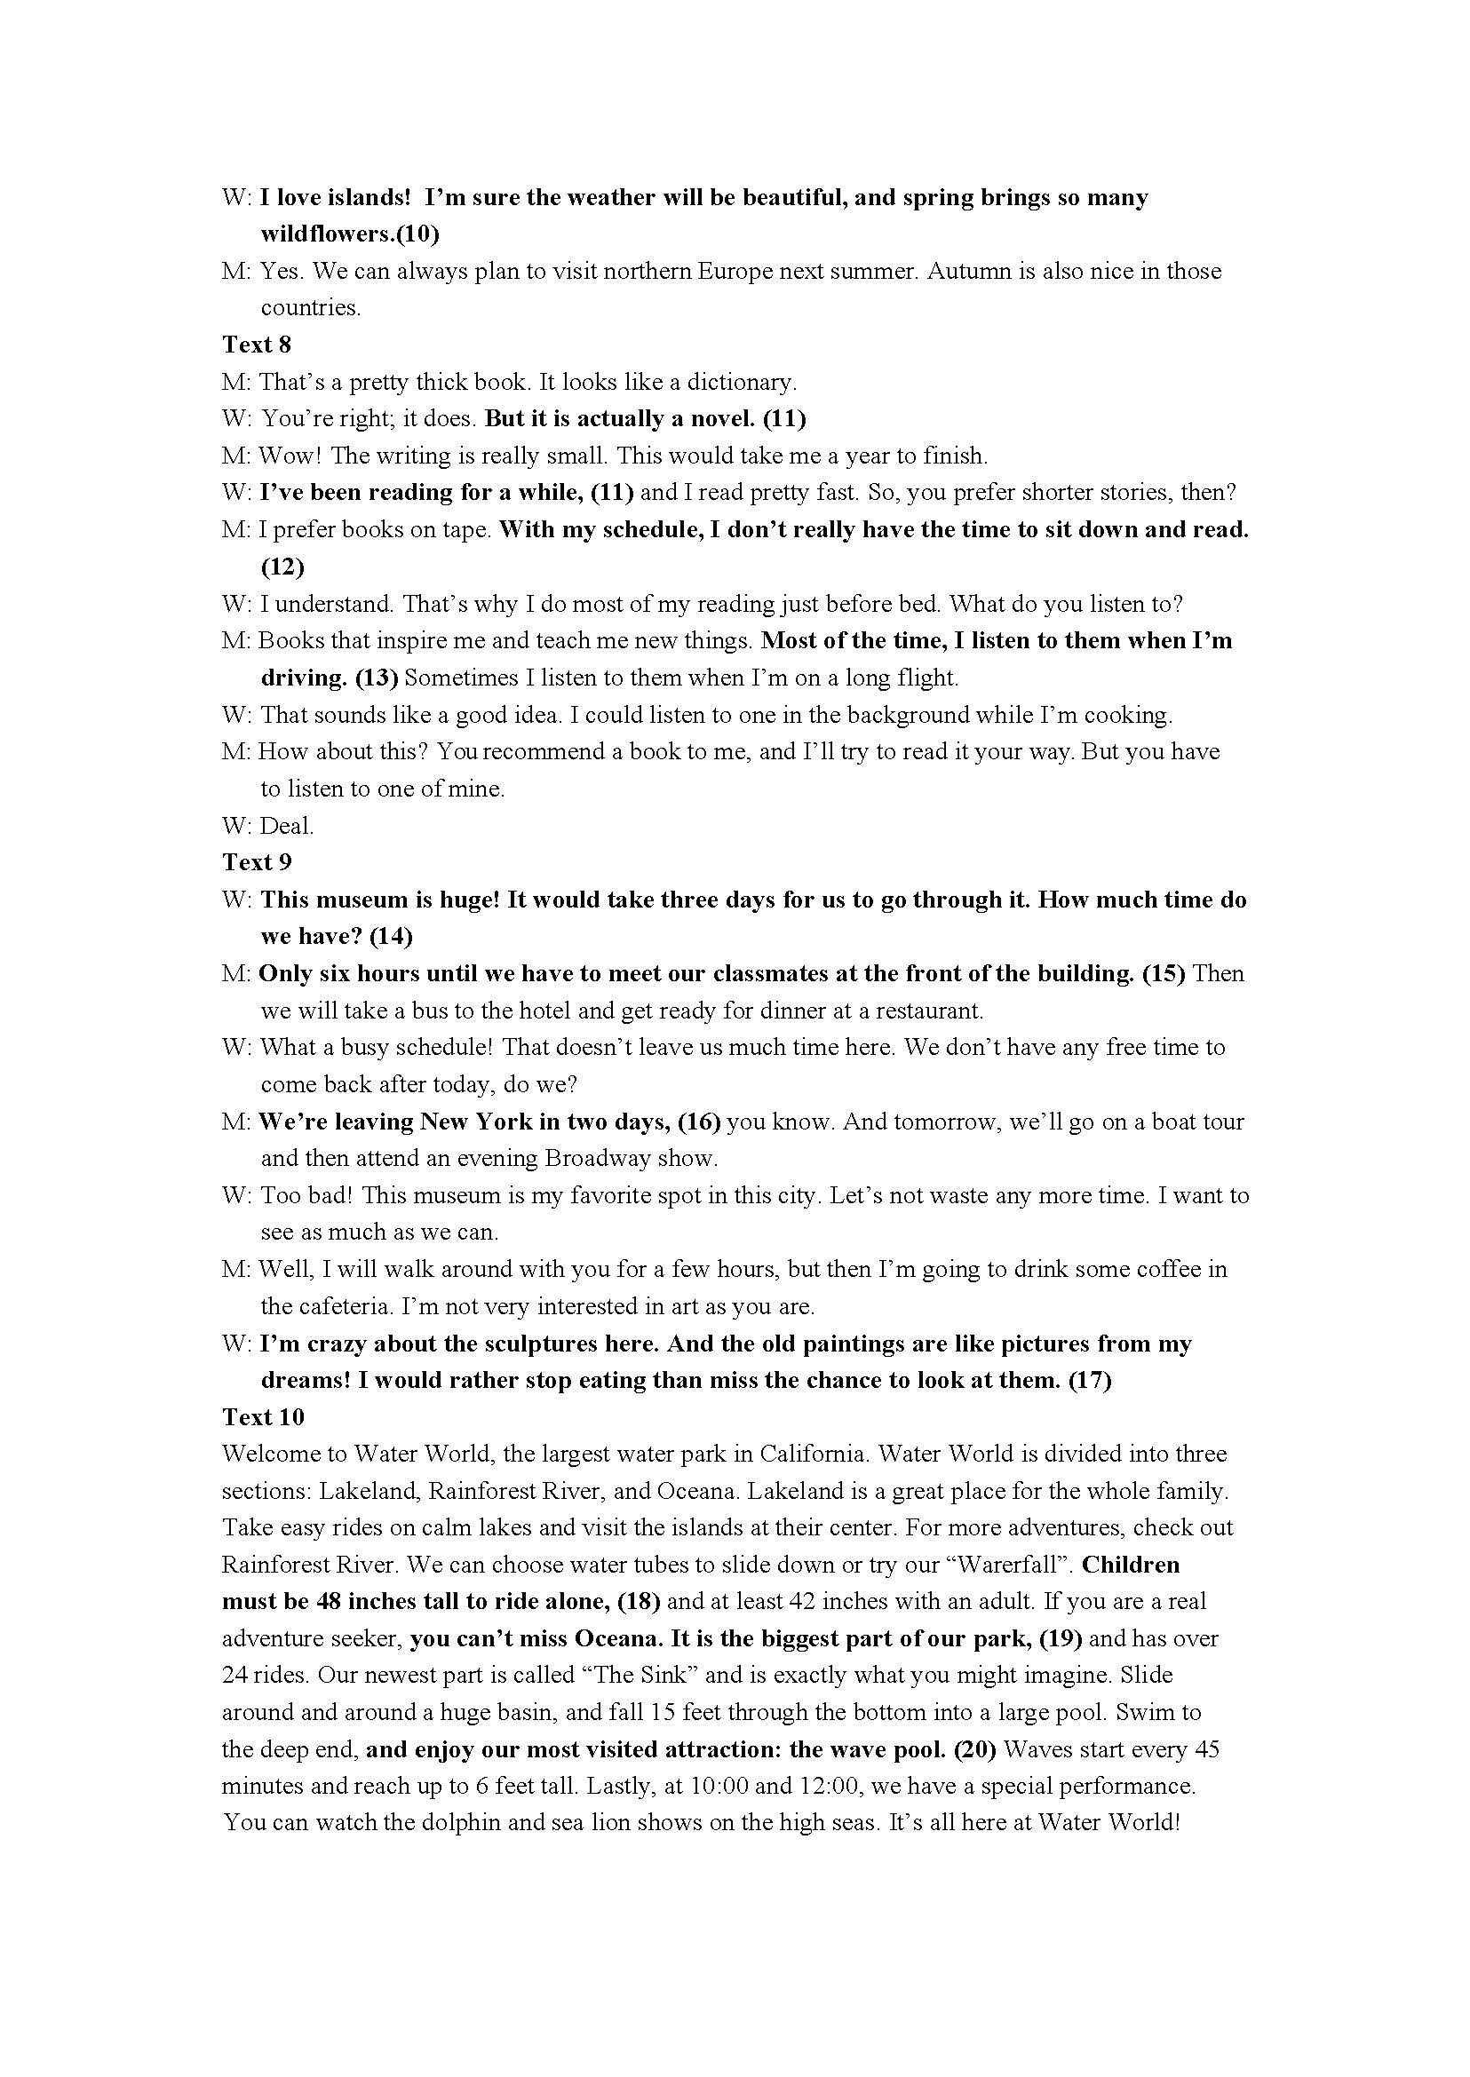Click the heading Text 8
click(256, 345)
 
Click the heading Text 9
click(256, 862)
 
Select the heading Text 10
click(263, 1417)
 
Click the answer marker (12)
click(282, 567)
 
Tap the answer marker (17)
click(1090, 1380)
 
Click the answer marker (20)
click(976, 1749)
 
